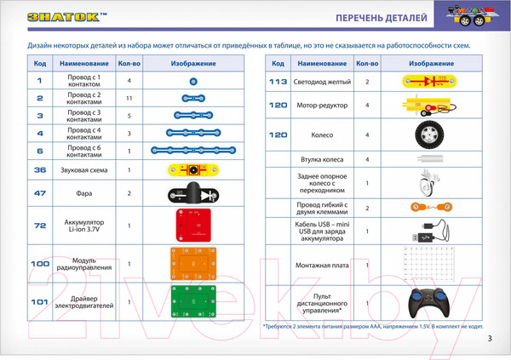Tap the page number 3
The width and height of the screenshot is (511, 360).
click(x=490, y=340)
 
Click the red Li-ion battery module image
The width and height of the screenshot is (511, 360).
click(x=192, y=225)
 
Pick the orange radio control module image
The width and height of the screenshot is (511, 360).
click(x=192, y=263)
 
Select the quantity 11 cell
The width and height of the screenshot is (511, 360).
click(x=129, y=99)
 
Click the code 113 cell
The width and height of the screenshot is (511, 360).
click(x=278, y=82)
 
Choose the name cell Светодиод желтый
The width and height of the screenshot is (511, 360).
click(x=322, y=82)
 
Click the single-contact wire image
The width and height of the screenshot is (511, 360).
click(x=193, y=80)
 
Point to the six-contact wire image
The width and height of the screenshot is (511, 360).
click(x=192, y=150)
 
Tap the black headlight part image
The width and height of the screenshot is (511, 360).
click(x=192, y=193)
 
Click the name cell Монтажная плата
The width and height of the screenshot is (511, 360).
click(x=322, y=266)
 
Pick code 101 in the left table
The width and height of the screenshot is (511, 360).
click(x=40, y=301)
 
